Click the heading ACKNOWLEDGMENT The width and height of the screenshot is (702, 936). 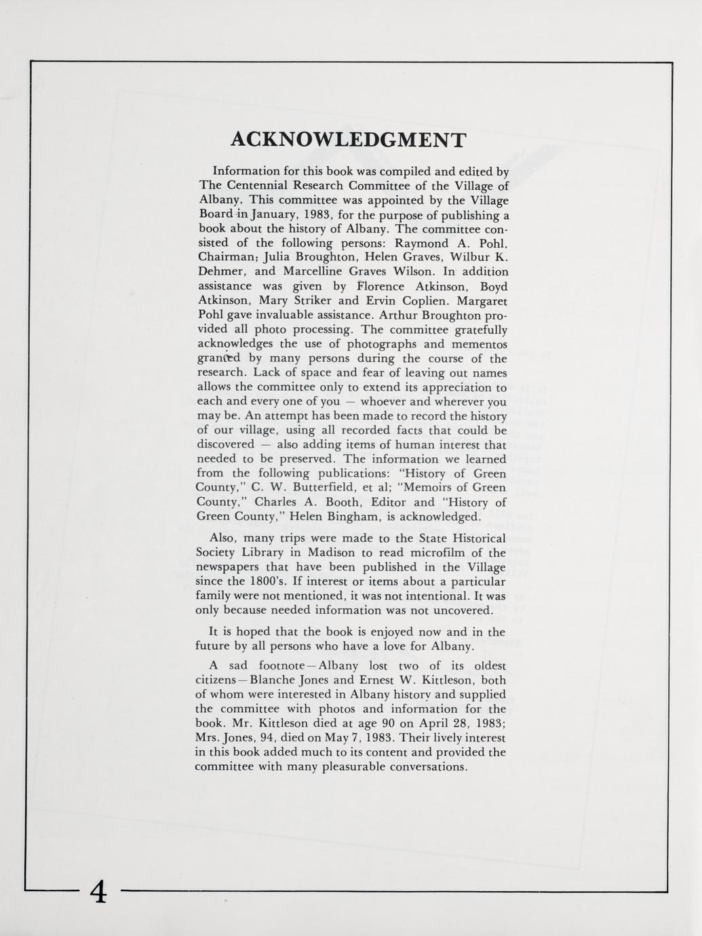click(x=349, y=140)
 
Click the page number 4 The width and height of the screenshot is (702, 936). click(x=98, y=891)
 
